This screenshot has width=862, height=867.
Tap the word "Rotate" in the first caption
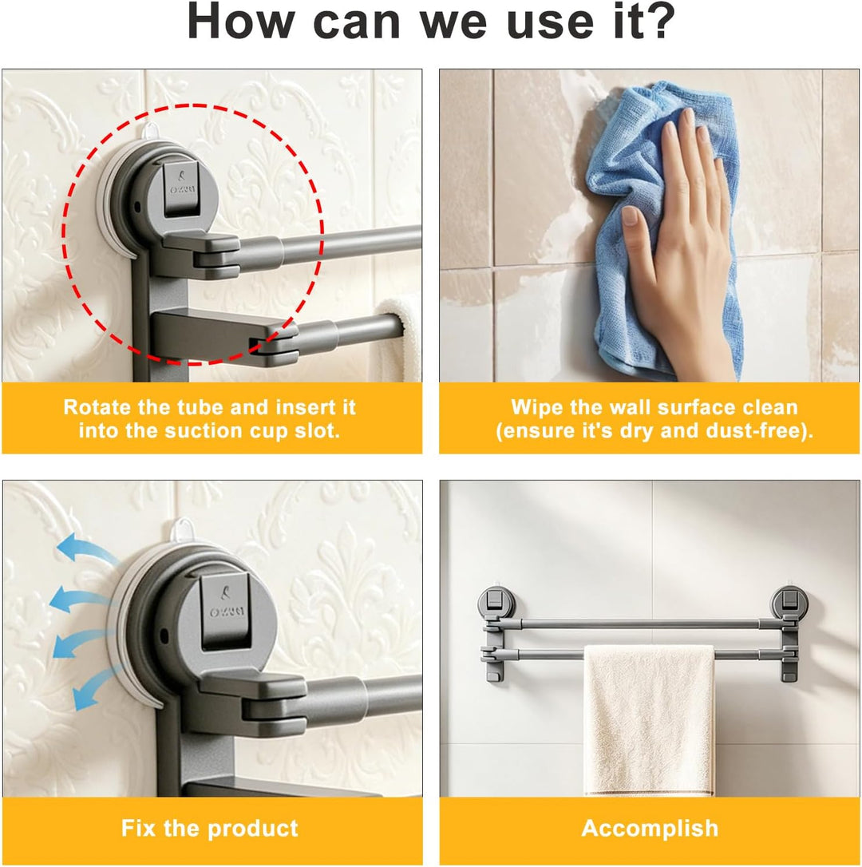[x=98, y=407]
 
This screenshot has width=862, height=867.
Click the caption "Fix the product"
[x=210, y=829]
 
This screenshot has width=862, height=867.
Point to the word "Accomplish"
[x=650, y=829]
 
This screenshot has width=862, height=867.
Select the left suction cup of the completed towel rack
[x=496, y=602]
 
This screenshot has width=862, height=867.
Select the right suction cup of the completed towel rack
[x=790, y=602]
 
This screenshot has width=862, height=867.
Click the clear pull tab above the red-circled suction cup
[x=150, y=131]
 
